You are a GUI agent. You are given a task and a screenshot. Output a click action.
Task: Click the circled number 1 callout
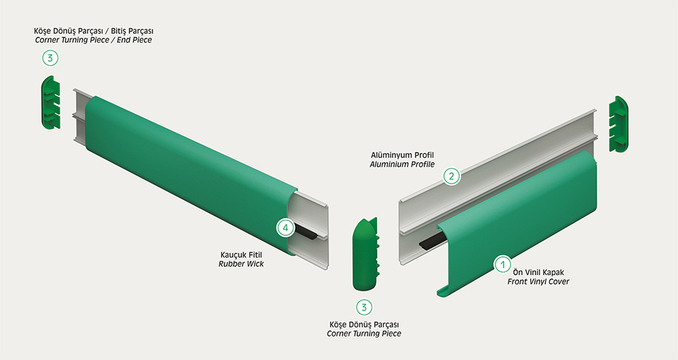[x=502, y=264]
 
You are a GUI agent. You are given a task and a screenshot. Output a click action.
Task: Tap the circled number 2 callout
[x=452, y=176]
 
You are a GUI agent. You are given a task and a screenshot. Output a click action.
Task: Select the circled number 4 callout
[x=285, y=227]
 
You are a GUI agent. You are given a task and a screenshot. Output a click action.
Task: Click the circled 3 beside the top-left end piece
[x=50, y=58]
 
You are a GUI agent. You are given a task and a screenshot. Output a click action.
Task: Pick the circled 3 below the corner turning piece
[x=364, y=307]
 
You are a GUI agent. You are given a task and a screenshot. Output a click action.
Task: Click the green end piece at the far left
[x=51, y=102]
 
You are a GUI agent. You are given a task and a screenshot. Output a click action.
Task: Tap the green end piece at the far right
[x=618, y=124]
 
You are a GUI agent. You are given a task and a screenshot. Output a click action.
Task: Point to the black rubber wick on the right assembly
[x=433, y=242]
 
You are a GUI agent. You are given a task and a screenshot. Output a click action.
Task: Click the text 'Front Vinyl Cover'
[x=538, y=282]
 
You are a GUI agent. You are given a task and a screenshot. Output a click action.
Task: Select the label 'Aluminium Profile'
[x=402, y=165]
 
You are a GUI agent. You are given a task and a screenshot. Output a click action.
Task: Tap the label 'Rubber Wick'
[x=241, y=264]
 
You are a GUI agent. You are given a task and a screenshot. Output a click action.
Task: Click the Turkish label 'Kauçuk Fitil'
[x=241, y=255]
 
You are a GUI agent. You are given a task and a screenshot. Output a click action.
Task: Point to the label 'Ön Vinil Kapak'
[x=538, y=273]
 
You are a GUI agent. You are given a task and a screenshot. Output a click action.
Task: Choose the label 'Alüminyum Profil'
[x=402, y=155]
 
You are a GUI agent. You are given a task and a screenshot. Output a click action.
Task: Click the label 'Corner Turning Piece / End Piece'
[x=94, y=40]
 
